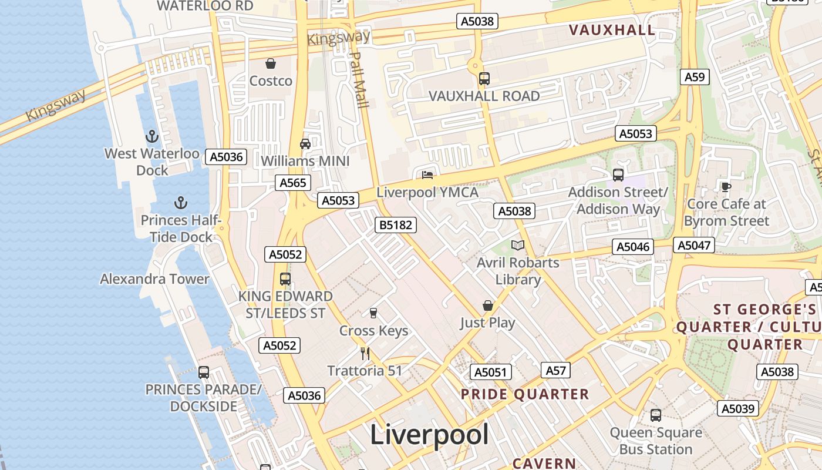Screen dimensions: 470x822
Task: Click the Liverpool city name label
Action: click(x=429, y=435)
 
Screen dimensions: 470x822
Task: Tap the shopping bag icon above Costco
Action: click(x=271, y=63)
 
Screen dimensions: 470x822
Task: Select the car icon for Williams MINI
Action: click(x=305, y=143)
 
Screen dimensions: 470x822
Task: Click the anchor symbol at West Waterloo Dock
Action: click(x=152, y=137)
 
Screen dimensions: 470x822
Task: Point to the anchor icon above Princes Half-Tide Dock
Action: click(x=181, y=203)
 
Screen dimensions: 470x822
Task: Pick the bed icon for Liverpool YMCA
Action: click(x=427, y=175)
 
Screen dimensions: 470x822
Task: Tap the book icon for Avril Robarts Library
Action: click(x=517, y=246)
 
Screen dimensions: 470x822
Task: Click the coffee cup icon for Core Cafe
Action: click(x=726, y=187)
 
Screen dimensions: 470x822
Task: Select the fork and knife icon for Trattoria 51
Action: click(x=365, y=353)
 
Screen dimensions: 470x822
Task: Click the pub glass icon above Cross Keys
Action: click(x=373, y=313)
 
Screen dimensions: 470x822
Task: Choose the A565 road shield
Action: click(x=293, y=183)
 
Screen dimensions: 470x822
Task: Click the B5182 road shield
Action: click(x=396, y=224)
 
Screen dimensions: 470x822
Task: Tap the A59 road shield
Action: click(x=695, y=77)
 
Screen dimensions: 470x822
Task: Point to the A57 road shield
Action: click(x=555, y=370)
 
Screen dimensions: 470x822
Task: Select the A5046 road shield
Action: click(x=632, y=247)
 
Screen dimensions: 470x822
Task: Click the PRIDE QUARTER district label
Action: click(x=525, y=394)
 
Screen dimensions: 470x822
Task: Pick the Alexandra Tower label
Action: click(x=154, y=278)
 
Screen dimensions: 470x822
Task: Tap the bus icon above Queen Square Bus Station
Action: click(x=656, y=415)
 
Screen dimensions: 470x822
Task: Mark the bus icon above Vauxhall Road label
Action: click(x=484, y=78)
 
